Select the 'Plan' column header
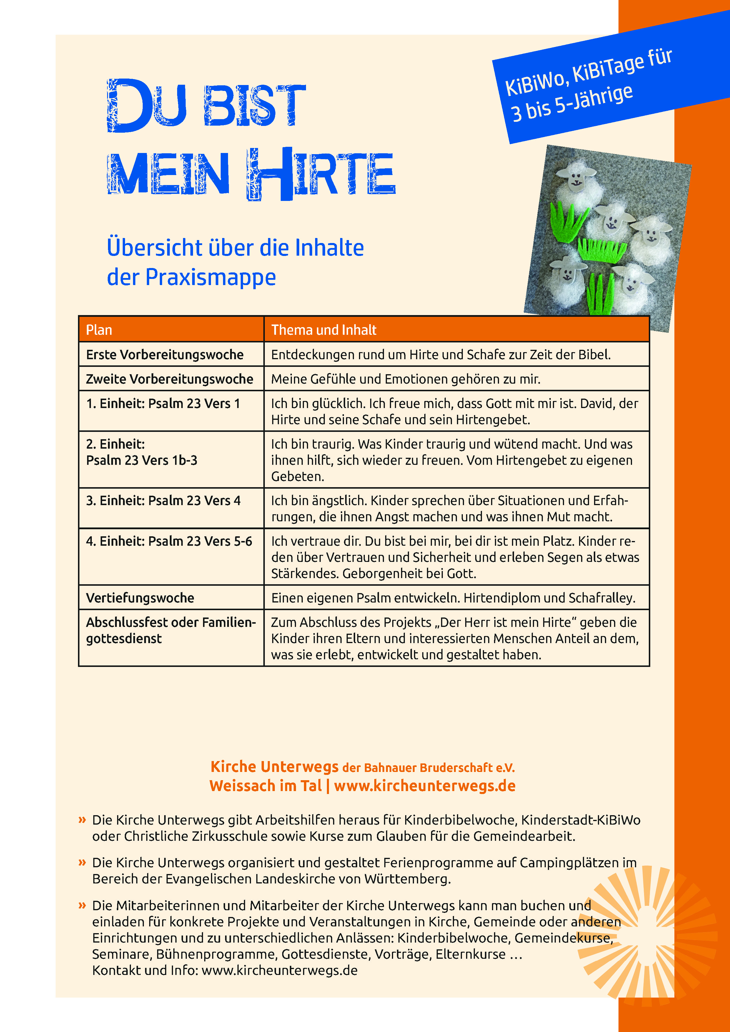coord(99,330)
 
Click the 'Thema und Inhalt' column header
coord(324,330)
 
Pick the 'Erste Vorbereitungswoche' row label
coord(164,354)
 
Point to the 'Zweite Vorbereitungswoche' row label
coord(169,379)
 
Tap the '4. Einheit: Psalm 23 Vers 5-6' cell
coord(169,541)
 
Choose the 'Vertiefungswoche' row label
coord(140,598)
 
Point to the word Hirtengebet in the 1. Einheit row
coord(493,420)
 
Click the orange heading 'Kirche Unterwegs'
coord(274,766)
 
